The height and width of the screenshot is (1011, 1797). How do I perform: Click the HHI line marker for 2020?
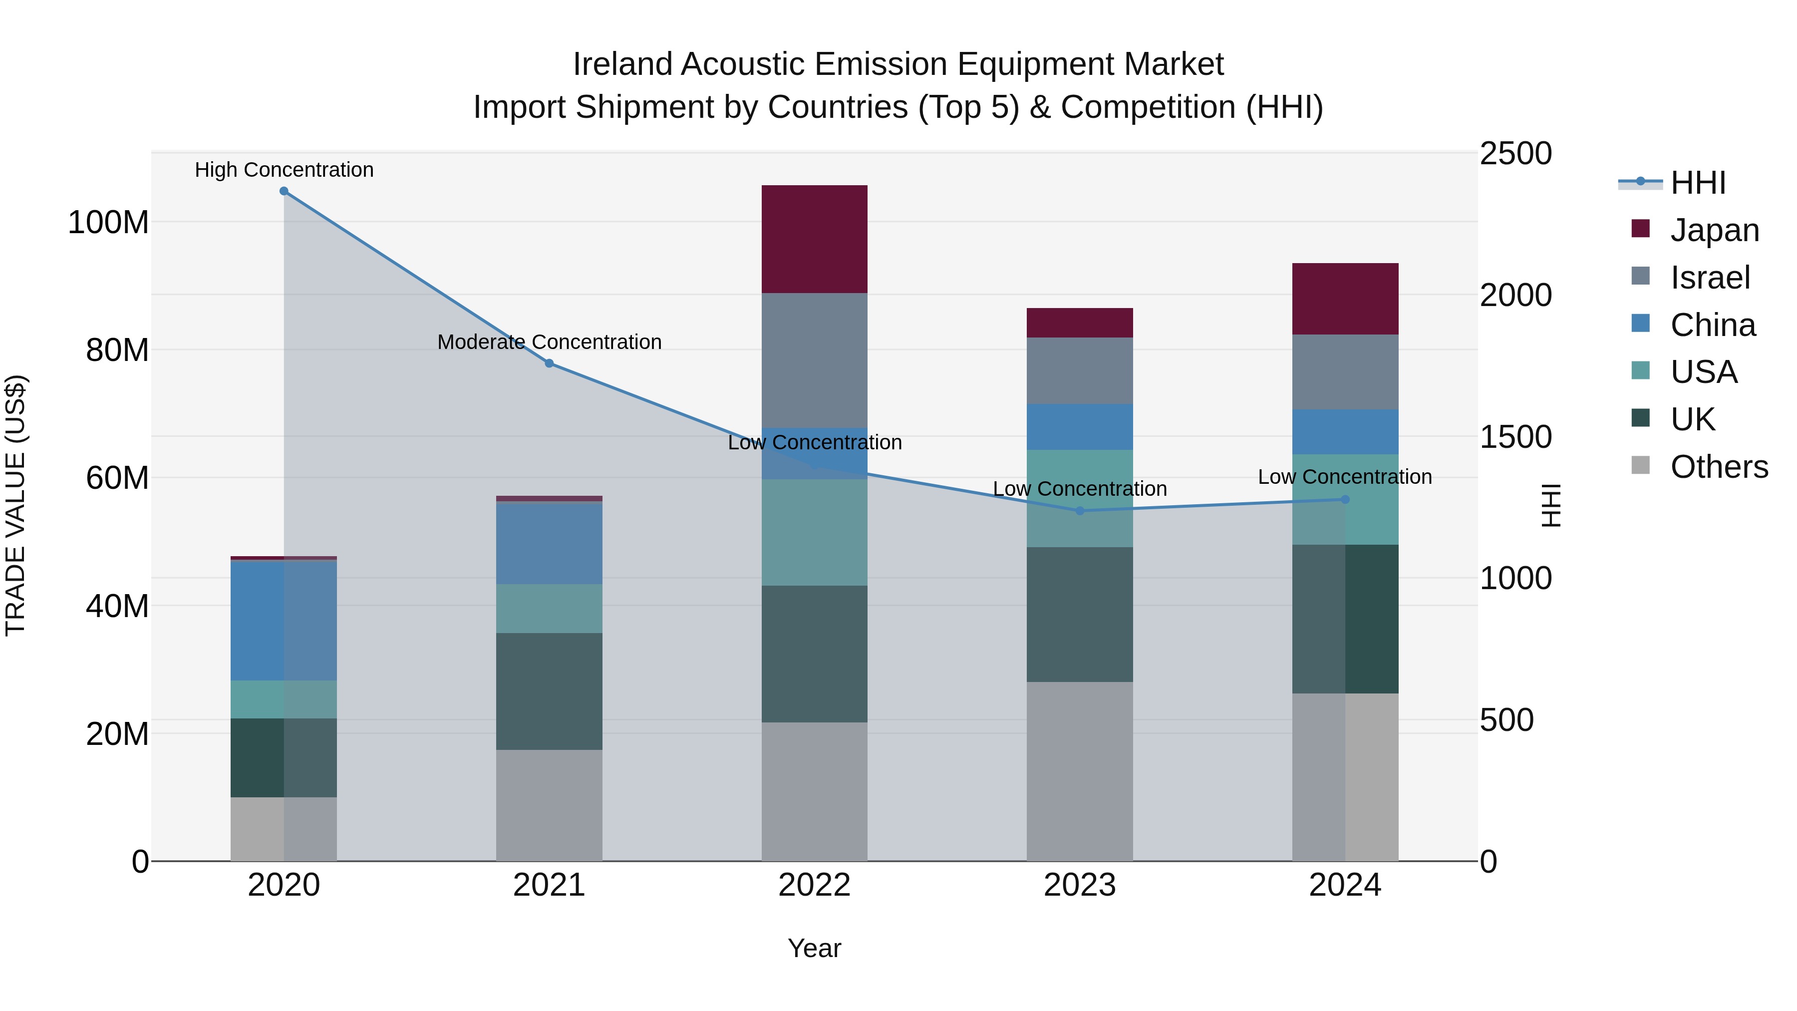[x=284, y=191]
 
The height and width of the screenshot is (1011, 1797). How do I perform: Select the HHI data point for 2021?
[x=549, y=363]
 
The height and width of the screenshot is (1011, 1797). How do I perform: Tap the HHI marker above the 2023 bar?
[x=1080, y=511]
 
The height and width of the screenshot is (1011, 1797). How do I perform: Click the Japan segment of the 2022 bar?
[x=814, y=239]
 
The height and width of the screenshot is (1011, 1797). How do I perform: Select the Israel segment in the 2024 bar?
[x=1345, y=372]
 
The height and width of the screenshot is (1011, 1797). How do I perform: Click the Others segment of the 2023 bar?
[x=1080, y=771]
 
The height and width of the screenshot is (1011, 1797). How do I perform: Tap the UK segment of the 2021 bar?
[x=549, y=691]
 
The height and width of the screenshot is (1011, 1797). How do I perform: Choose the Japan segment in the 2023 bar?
[x=1080, y=323]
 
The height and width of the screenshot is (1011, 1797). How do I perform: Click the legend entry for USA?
[x=1703, y=372]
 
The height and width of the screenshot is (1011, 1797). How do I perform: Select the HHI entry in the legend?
[x=1697, y=183]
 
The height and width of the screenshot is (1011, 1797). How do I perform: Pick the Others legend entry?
[x=1718, y=467]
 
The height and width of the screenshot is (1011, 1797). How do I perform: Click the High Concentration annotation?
[x=284, y=170]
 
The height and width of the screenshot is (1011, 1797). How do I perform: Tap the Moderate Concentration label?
[x=549, y=342]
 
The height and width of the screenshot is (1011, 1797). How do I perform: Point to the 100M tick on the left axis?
[x=108, y=223]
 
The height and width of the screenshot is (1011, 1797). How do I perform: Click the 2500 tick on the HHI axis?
[x=1515, y=153]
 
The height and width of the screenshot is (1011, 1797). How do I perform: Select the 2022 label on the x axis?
[x=814, y=885]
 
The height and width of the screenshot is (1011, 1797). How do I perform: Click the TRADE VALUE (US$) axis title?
[x=15, y=505]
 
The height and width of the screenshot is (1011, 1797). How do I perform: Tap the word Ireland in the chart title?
[x=622, y=64]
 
